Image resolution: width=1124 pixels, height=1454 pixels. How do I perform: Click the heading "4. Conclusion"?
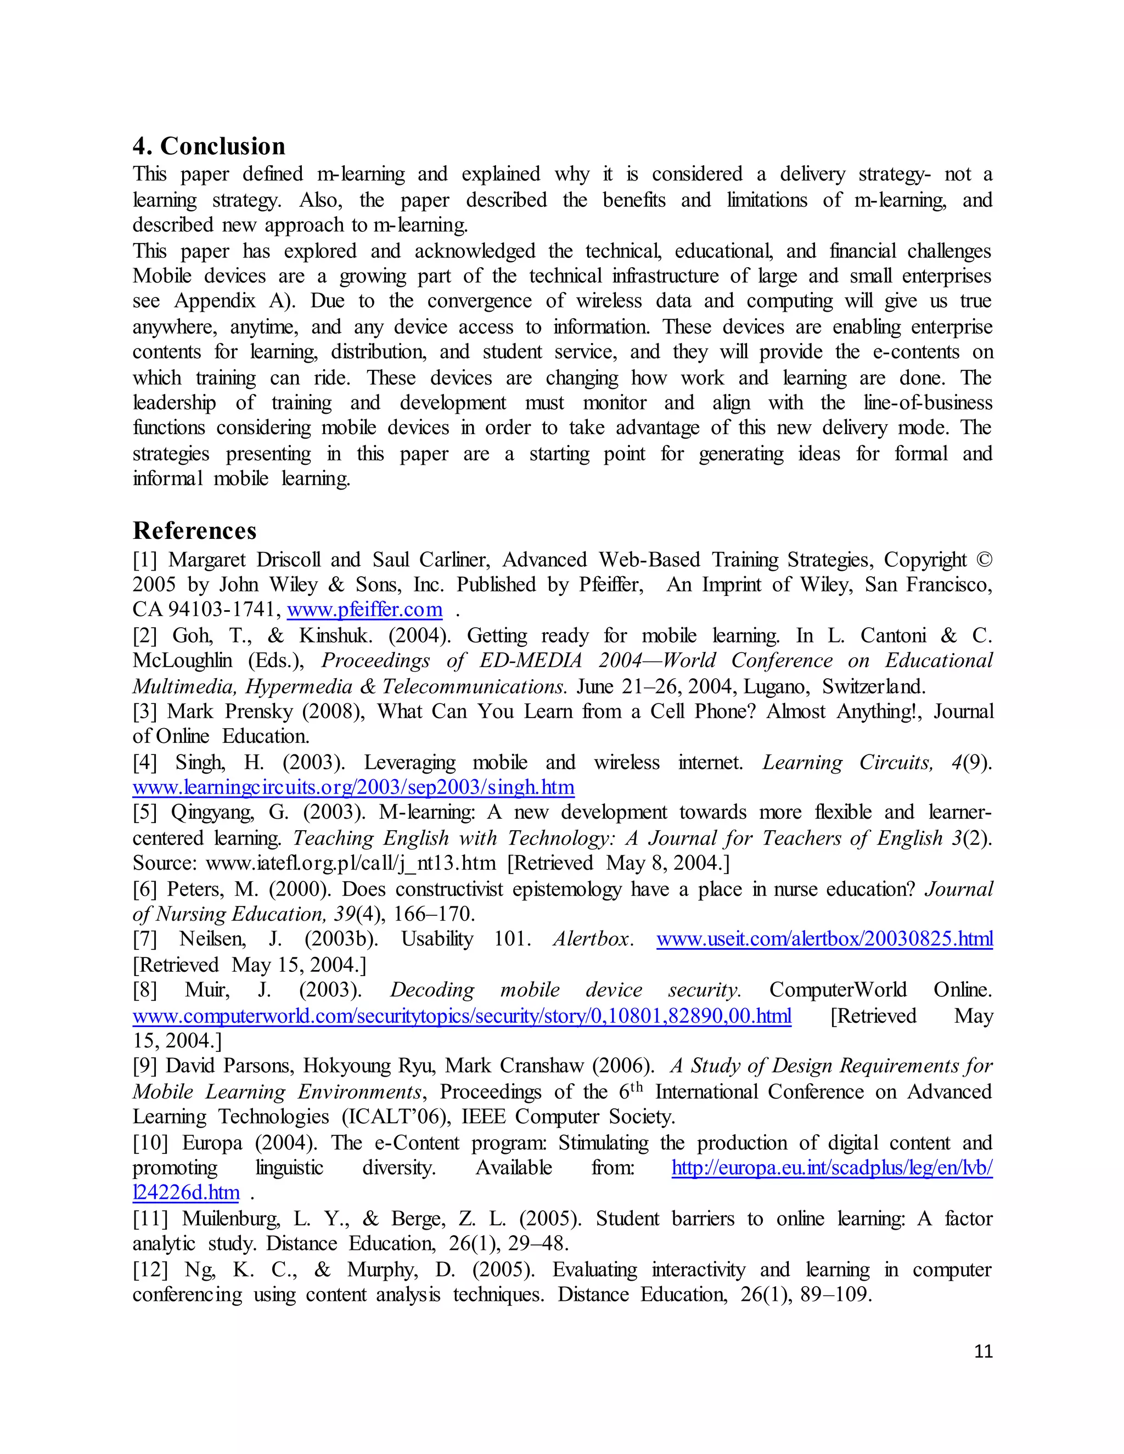point(209,146)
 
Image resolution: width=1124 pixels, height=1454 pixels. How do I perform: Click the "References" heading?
point(194,531)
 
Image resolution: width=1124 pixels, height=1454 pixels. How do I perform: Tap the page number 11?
point(983,1351)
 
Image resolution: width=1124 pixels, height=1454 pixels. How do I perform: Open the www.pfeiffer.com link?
point(364,609)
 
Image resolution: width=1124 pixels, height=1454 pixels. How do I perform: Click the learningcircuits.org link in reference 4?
point(353,787)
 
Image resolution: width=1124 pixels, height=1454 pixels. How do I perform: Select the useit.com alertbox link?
point(824,939)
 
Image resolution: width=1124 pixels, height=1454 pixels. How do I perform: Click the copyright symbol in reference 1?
point(983,559)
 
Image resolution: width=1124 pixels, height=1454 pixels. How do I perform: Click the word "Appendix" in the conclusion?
point(215,301)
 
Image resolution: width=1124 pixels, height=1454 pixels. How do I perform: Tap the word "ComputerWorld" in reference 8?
point(838,990)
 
